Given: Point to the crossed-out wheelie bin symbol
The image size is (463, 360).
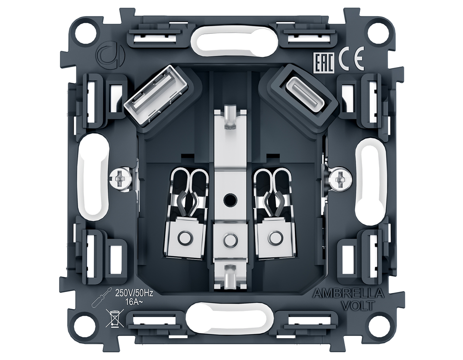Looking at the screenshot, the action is [112, 317].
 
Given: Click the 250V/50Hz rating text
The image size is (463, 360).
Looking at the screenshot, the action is [134, 294].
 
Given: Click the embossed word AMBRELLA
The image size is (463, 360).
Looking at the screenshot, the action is [349, 294].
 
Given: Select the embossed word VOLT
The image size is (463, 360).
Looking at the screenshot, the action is [357, 305].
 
